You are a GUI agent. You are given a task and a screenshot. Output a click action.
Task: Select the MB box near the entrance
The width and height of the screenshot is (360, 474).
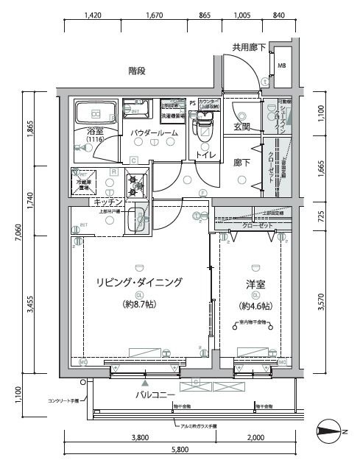(x=282, y=66)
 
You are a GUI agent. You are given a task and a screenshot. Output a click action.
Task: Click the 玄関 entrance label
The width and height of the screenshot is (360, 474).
(x=242, y=127)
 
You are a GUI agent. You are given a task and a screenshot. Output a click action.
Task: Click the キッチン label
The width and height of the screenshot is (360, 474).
(x=106, y=202)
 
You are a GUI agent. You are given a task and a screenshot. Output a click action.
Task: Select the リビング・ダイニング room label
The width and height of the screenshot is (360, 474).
(x=138, y=282)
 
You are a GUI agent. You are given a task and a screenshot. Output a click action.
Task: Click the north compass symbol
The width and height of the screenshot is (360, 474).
(x=329, y=432)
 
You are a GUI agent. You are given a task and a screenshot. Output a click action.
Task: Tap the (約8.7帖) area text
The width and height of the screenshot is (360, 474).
(x=138, y=303)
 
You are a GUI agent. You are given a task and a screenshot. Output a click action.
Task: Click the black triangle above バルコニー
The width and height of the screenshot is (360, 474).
(x=145, y=383)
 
